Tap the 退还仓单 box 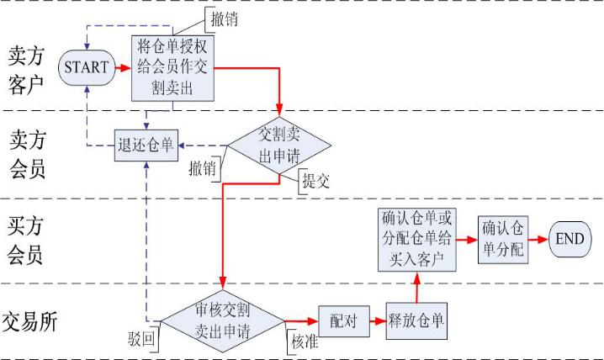click(145, 144)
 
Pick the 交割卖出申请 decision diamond click(278, 146)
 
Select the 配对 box click(341, 320)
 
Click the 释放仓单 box click(416, 320)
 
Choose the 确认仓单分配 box click(502, 239)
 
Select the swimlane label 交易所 click(30, 320)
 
